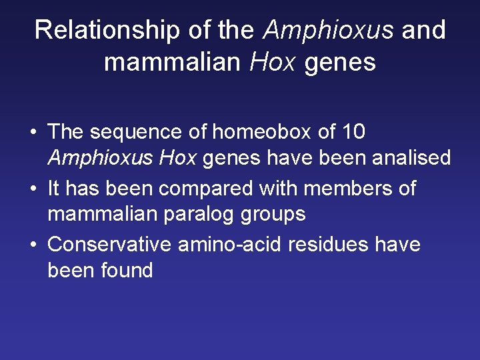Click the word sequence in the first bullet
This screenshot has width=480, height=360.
point(137,132)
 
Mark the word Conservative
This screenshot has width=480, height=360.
point(109,244)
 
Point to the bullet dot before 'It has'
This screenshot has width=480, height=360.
point(33,189)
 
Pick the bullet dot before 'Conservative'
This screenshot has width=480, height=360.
point(33,245)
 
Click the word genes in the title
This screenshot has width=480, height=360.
point(340,62)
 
